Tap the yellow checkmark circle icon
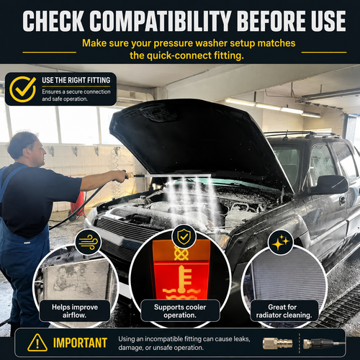(23, 89)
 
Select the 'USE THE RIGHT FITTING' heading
(76, 80)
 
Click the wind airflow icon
(88, 242)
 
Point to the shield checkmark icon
(184, 236)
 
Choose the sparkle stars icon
(280, 243)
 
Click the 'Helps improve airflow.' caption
(75, 311)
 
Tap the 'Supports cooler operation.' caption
(180, 311)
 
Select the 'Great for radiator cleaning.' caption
(284, 311)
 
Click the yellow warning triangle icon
(37, 343)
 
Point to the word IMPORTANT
(80, 343)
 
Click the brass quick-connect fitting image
(277, 343)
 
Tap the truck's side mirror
(330, 184)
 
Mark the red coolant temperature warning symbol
(181, 282)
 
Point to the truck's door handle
(343, 199)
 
